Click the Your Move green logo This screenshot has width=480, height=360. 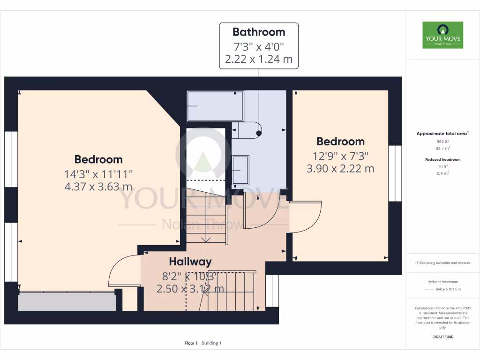point(442,35)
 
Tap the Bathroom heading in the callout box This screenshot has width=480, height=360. point(259,32)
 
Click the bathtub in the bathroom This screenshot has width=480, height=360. point(215,106)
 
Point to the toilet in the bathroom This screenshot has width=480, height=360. point(247,130)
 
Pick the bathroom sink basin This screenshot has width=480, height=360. point(241,170)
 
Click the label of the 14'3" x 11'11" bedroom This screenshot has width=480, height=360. point(98,159)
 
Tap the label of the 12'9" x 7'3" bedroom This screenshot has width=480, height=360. point(340,142)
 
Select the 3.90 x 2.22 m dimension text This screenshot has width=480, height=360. point(340,168)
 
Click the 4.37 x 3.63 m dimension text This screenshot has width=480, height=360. point(98,186)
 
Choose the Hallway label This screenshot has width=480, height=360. point(190,262)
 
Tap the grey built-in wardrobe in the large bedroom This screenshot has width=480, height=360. point(67,301)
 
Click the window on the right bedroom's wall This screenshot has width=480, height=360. point(395,173)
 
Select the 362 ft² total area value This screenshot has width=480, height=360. point(440,141)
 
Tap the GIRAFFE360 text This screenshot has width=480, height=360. point(443,337)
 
